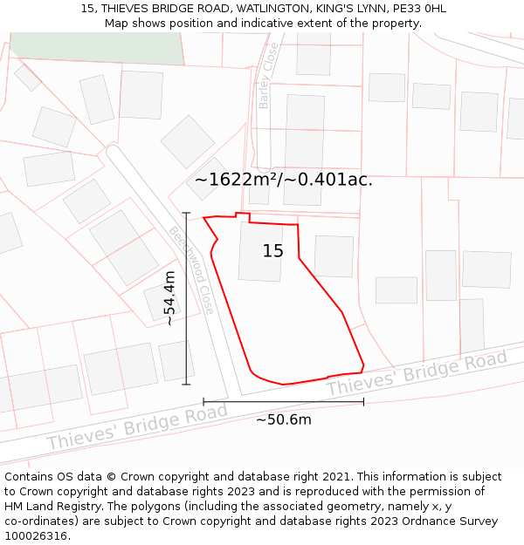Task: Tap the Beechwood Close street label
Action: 191,270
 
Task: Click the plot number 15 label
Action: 273,251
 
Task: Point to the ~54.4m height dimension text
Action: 170,298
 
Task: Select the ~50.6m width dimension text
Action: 283,419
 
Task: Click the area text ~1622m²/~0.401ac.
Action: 283,181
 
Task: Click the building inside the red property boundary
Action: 261,252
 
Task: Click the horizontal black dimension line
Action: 283,401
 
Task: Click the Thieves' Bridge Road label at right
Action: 417,373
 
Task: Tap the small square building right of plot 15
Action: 334,256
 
